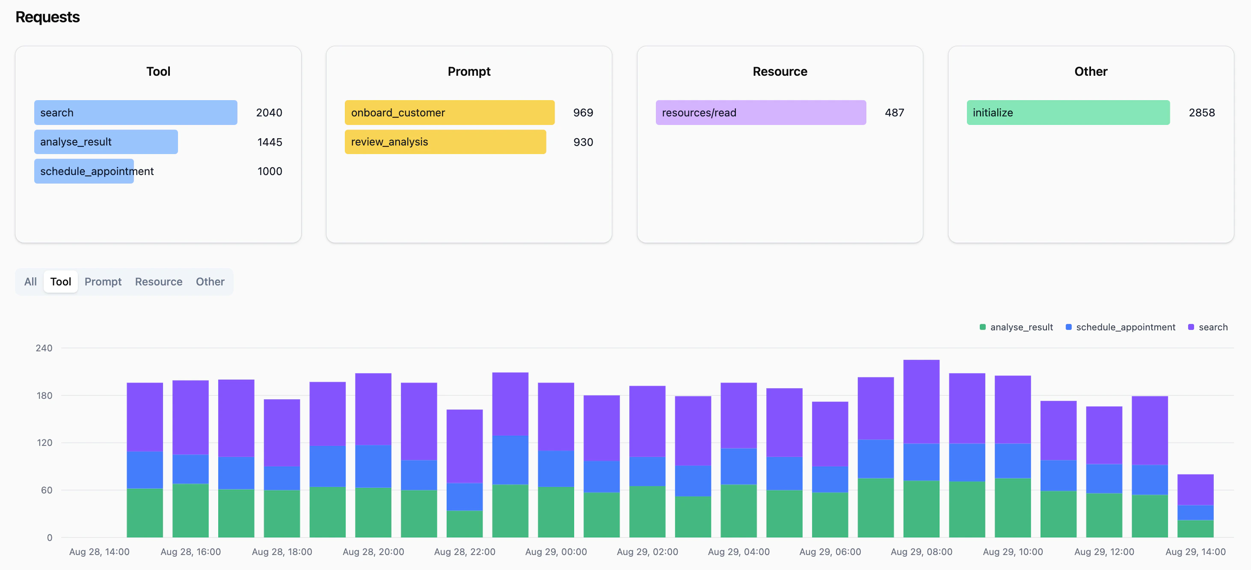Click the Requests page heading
pos(47,17)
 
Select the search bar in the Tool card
pos(136,113)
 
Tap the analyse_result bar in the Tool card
pos(106,142)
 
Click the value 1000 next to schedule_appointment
pos(270,172)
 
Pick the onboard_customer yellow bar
pos(449,113)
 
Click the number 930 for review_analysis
pos(583,142)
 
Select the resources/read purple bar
pos(761,113)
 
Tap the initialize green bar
pos(1068,113)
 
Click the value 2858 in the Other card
pos(1201,113)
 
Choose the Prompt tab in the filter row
pos(103,282)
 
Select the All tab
pos(30,282)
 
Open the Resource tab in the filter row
pos(158,282)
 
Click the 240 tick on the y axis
pos(44,348)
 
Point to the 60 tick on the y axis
pos(46,490)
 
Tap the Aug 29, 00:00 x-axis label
pos(556,552)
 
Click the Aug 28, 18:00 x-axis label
pos(282,552)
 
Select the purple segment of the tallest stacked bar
pos(921,401)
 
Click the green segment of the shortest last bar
pos(1195,528)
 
